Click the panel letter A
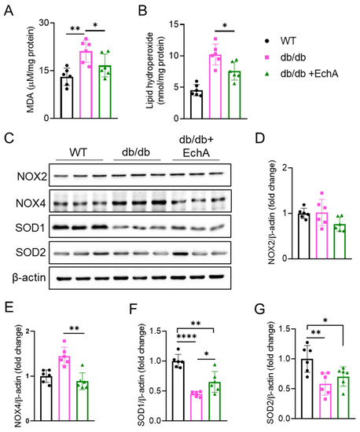pos(7,9)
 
